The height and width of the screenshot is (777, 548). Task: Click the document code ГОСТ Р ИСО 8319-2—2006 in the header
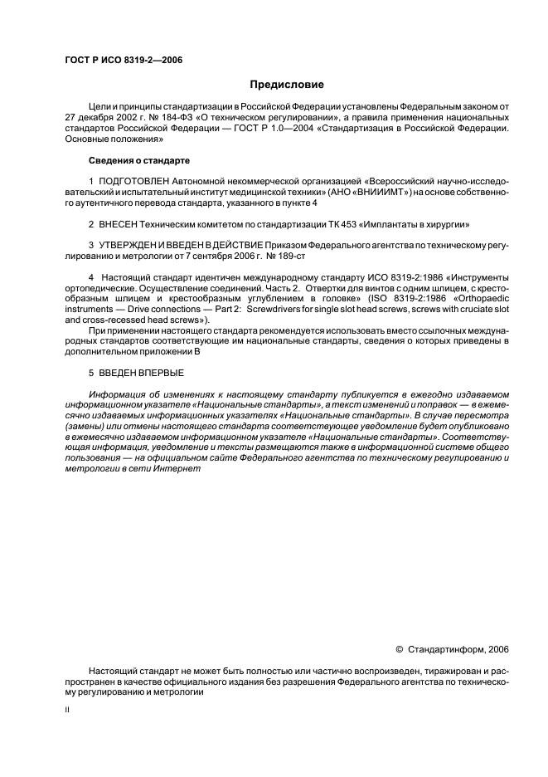(x=123, y=61)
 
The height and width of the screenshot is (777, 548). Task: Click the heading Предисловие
(x=287, y=85)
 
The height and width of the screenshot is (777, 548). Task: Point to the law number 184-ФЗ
(x=185, y=118)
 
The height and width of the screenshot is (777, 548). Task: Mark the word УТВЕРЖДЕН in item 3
(x=130, y=245)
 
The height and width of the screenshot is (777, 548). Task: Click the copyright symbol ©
(x=400, y=649)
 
